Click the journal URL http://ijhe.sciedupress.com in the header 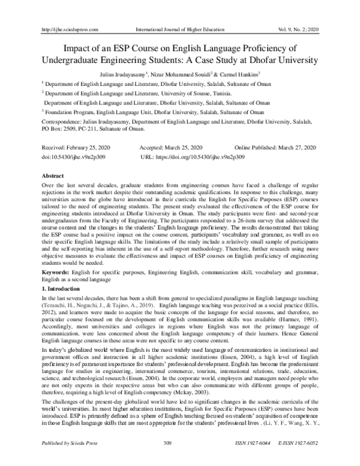pos(65,11)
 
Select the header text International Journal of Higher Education pos(179,11)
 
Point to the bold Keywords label pos(53,273)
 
